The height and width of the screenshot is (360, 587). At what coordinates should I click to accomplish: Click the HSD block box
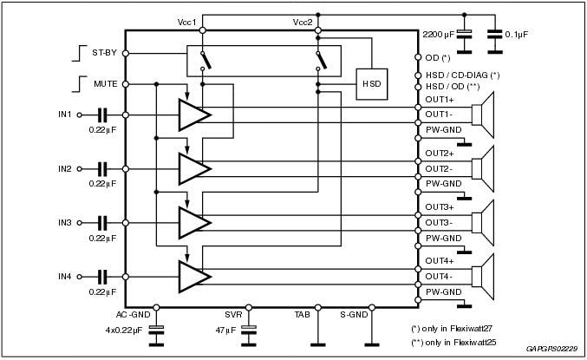pos(372,83)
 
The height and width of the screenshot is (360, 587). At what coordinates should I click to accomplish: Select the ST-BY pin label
pos(104,53)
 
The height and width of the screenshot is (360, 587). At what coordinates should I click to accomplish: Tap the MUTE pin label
pos(104,84)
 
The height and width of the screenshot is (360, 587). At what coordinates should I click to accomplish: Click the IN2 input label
pos(65,168)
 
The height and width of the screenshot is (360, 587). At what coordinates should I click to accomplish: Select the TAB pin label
pos(301,315)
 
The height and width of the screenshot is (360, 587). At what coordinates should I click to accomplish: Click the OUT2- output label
pos(440,168)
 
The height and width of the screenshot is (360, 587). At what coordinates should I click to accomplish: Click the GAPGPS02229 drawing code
pos(551,350)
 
